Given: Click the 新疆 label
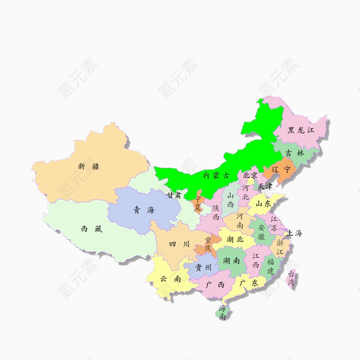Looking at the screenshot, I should pyautogui.click(x=89, y=166).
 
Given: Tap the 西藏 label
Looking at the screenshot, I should pyautogui.click(x=91, y=228).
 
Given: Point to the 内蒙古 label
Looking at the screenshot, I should pyautogui.click(x=216, y=175).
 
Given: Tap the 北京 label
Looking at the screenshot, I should pyautogui.click(x=250, y=175).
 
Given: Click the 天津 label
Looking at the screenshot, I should pyautogui.click(x=265, y=186).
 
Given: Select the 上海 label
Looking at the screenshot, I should pyautogui.click(x=295, y=233).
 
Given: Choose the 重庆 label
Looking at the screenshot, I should pyautogui.click(x=208, y=244).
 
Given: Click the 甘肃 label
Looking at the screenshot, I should pyautogui.click(x=174, y=195).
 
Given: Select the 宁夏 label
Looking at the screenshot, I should pyautogui.click(x=198, y=203).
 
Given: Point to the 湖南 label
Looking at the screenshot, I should pyautogui.click(x=231, y=260).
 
